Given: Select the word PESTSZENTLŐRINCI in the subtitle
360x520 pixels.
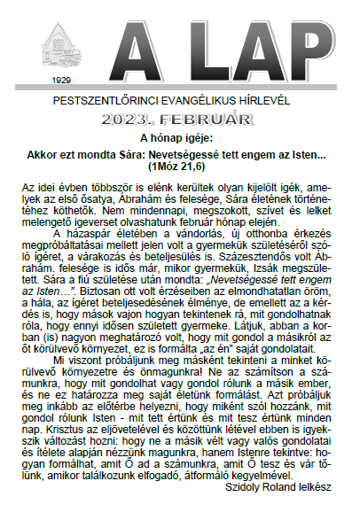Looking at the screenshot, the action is (x=114, y=101).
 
